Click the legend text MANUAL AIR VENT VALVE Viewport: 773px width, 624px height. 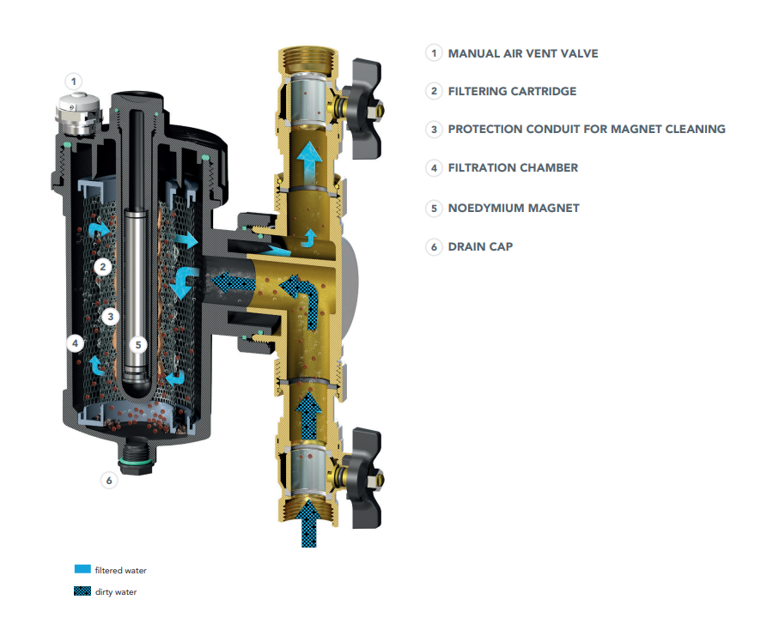click(x=523, y=53)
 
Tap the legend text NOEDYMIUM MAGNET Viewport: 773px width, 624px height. click(x=514, y=208)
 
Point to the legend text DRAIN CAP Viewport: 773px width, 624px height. click(x=480, y=246)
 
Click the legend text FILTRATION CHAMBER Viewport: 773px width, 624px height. click(x=513, y=168)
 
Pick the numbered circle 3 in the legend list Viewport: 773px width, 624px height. click(x=434, y=130)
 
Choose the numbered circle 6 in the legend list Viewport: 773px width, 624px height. click(x=434, y=246)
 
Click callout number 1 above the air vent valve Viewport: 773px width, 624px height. click(x=75, y=82)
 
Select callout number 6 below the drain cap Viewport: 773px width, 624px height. click(x=109, y=481)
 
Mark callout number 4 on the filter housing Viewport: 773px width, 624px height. click(x=76, y=342)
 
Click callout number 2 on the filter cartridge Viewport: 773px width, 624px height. click(x=101, y=267)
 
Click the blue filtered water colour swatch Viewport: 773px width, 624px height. click(x=82, y=569)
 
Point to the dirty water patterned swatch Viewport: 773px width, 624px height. click(x=82, y=591)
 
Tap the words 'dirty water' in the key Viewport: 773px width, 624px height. click(x=115, y=591)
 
